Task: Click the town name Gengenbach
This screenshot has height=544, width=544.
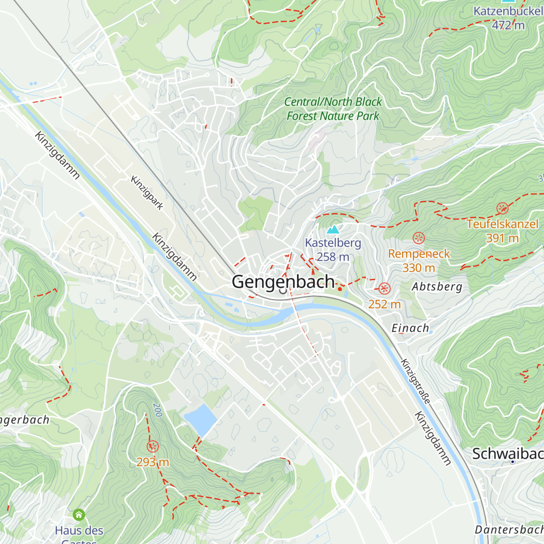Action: pyautogui.click(x=283, y=282)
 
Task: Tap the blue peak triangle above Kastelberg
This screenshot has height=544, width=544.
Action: pyautogui.click(x=333, y=229)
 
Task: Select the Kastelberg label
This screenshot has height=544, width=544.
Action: pyautogui.click(x=333, y=243)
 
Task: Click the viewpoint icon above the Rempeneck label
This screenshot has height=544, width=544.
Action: pyautogui.click(x=419, y=238)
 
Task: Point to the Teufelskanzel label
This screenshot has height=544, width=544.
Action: pyautogui.click(x=502, y=224)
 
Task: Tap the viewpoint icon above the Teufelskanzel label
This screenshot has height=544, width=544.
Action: pyautogui.click(x=502, y=209)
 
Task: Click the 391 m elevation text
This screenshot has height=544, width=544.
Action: pyautogui.click(x=502, y=238)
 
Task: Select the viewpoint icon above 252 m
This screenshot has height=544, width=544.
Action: pyautogui.click(x=384, y=288)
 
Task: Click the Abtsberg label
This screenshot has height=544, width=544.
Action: pyautogui.click(x=437, y=287)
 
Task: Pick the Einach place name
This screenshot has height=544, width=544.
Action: pyautogui.click(x=410, y=328)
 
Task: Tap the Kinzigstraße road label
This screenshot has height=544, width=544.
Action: pyautogui.click(x=415, y=381)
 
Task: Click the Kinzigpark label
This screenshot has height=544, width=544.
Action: pyautogui.click(x=147, y=193)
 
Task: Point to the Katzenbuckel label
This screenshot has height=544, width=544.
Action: pyautogui.click(x=508, y=11)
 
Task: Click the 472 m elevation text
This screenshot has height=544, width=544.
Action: pyautogui.click(x=508, y=25)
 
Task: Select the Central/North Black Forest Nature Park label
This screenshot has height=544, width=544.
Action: pyautogui.click(x=333, y=109)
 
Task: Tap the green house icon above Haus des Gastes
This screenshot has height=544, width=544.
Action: pyautogui.click(x=79, y=515)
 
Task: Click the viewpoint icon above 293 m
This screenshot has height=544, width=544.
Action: pyautogui.click(x=153, y=447)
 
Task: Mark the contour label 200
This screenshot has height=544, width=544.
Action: pyautogui.click(x=157, y=410)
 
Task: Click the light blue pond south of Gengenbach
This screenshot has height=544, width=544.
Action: pyautogui.click(x=200, y=418)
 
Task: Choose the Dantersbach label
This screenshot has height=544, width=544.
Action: pyautogui.click(x=509, y=529)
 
